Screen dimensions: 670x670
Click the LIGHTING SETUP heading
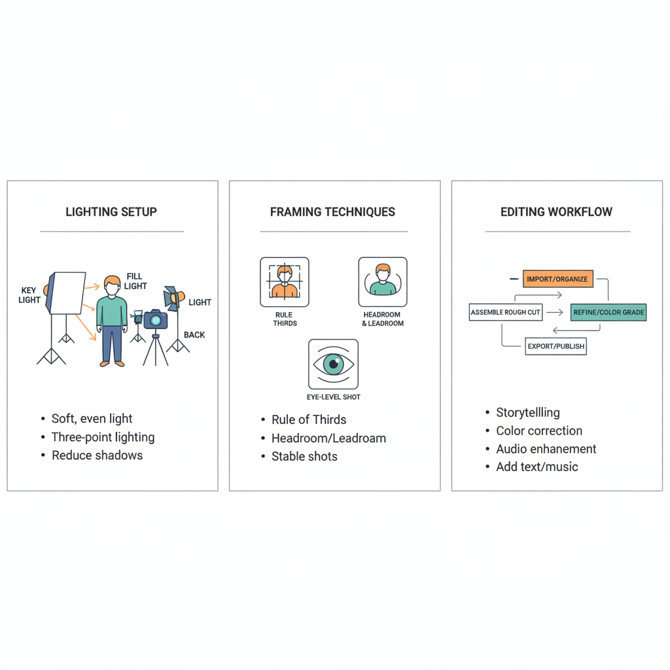(111, 212)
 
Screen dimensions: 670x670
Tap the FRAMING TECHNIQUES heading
(332, 212)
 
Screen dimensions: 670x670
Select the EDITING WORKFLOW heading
(556, 212)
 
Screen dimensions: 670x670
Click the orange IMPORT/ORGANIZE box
(557, 279)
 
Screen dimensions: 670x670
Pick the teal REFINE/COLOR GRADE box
(608, 312)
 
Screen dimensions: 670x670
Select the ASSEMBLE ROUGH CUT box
(506, 312)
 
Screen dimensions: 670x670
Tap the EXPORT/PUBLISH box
(555, 346)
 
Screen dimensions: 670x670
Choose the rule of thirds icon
(284, 282)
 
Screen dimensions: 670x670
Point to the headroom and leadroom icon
(383, 282)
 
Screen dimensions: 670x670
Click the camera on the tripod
(156, 319)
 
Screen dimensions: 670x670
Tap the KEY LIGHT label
(29, 295)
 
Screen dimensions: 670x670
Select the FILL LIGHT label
(135, 281)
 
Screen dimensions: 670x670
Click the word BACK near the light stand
(194, 335)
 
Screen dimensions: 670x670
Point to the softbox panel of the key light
(68, 293)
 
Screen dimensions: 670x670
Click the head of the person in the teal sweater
(113, 284)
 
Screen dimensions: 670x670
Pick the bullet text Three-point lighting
(103, 437)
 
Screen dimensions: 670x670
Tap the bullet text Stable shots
(304, 457)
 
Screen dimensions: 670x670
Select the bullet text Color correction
(539, 431)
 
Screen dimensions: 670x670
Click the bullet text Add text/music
(537, 467)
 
